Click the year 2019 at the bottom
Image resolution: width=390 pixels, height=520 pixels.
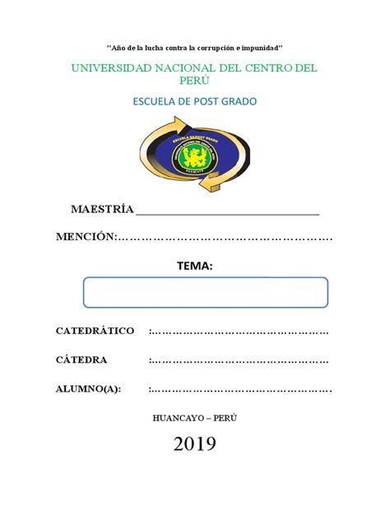pyautogui.click(x=195, y=445)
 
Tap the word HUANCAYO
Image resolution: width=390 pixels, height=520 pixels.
pyautogui.click(x=177, y=417)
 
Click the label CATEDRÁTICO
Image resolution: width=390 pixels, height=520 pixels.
pyautogui.click(x=95, y=331)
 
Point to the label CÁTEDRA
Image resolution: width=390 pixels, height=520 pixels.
pyautogui.click(x=81, y=360)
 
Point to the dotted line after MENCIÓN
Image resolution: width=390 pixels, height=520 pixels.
pyautogui.click(x=225, y=238)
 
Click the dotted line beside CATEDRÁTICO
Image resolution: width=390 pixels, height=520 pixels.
pyautogui.click(x=239, y=332)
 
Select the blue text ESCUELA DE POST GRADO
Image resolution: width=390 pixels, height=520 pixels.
pyautogui.click(x=195, y=102)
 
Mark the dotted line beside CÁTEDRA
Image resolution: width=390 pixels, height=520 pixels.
pyautogui.click(x=239, y=360)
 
